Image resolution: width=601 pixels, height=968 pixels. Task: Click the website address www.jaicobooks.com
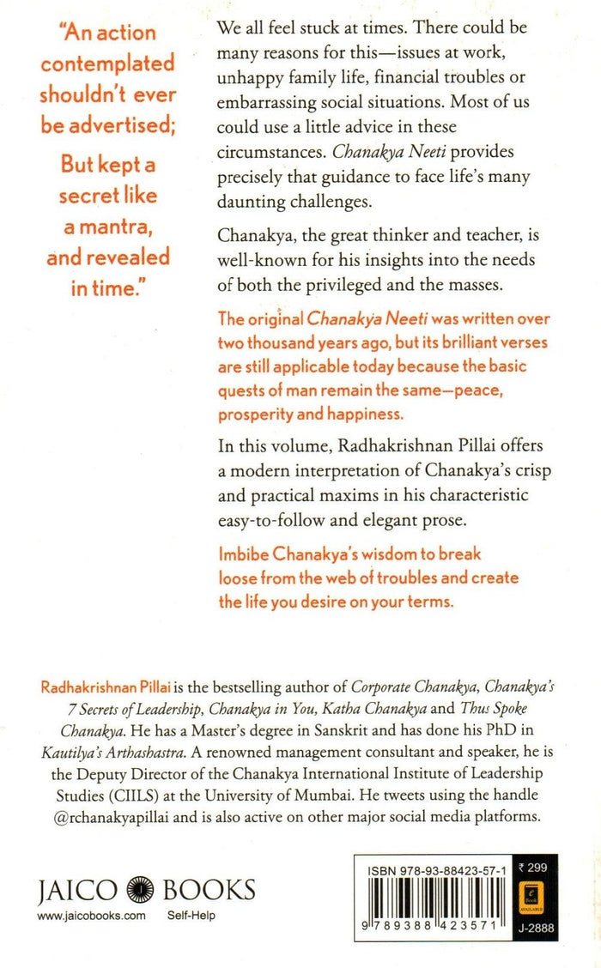pyautogui.click(x=92, y=916)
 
